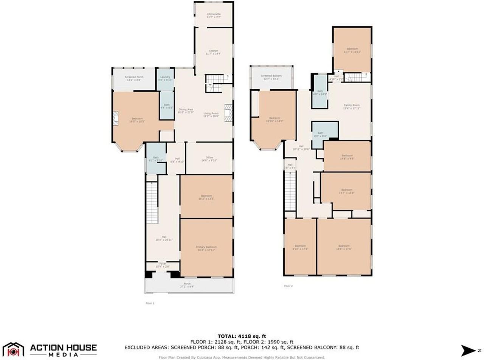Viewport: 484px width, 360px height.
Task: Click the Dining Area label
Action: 186,111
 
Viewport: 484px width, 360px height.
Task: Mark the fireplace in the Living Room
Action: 228,113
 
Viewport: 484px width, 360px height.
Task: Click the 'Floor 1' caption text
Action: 150,303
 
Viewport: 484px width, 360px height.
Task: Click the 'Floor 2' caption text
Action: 289,286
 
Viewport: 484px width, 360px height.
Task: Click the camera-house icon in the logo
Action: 13,350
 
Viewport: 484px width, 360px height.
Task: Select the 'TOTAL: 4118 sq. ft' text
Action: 242,336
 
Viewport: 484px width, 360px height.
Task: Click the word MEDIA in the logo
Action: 63,355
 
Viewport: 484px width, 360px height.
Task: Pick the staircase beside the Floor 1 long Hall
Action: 152,202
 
